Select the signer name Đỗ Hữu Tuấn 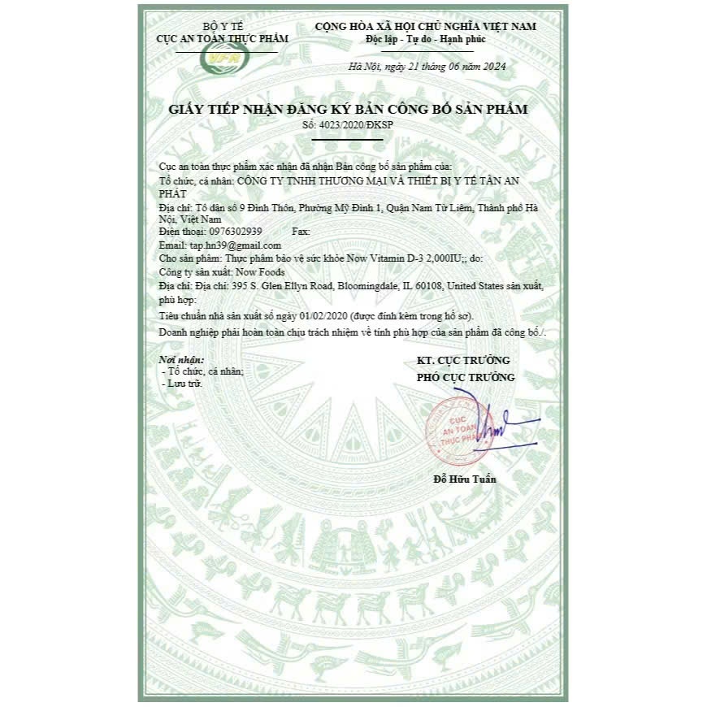464,479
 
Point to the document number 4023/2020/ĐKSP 346,124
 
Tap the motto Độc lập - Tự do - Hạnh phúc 427,39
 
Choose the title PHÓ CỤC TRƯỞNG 465,377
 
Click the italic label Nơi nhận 181,358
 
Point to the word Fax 300,232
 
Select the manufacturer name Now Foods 256,271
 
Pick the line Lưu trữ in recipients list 184,382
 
